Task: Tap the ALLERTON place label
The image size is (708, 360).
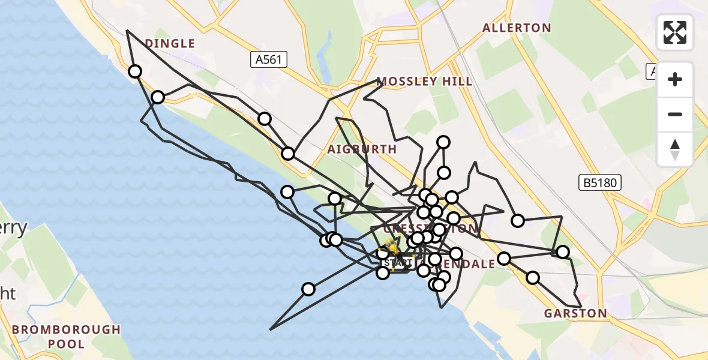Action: [517, 28]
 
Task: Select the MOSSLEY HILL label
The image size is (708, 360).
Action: [424, 82]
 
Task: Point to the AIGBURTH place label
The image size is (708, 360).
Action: [362, 149]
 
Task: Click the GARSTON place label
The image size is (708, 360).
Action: [575, 313]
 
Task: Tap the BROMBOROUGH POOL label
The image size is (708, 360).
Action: [66, 337]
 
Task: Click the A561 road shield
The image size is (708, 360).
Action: [269, 59]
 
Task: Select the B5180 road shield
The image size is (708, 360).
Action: [600, 183]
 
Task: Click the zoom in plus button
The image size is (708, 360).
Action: [675, 79]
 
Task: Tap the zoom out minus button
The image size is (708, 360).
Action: [675, 114]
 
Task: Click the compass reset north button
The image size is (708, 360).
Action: [675, 149]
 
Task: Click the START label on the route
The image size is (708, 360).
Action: [398, 263]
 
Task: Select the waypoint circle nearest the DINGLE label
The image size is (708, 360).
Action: [135, 71]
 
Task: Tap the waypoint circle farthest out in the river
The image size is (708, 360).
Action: [308, 289]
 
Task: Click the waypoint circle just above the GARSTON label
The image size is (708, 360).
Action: [533, 278]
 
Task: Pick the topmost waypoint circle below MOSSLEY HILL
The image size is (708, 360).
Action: [443, 142]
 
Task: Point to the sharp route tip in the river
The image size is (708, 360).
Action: [271, 329]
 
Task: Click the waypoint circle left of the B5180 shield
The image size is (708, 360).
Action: [518, 221]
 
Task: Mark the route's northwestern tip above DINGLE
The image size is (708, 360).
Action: [127, 31]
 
